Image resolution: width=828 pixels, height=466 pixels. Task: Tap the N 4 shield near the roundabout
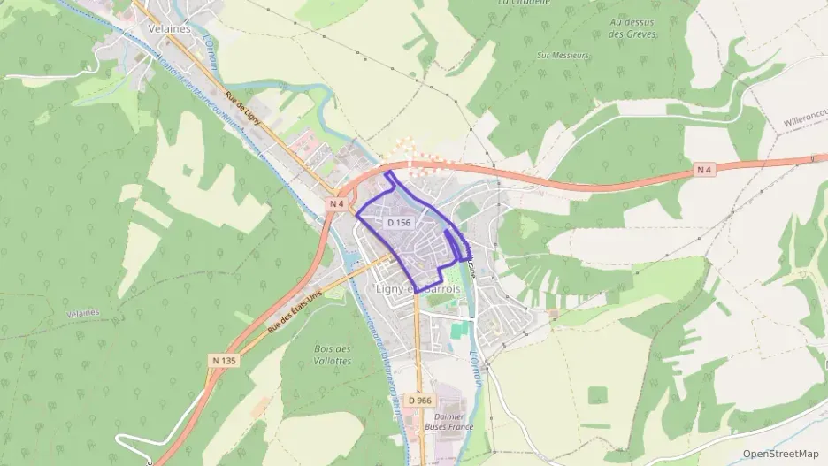[x=335, y=203]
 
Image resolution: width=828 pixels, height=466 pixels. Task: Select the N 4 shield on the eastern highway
[x=703, y=169]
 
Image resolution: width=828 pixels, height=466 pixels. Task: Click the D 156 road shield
[x=399, y=223]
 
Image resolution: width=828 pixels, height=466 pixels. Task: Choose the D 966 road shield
[x=420, y=401]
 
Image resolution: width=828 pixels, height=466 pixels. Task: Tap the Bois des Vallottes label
[x=333, y=355]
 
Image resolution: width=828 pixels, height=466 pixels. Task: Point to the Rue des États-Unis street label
[x=295, y=311]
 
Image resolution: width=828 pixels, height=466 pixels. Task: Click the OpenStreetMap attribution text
[x=780, y=454]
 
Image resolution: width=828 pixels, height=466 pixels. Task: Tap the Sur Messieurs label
[x=563, y=55]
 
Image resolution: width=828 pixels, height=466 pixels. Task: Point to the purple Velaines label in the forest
[x=82, y=313]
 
